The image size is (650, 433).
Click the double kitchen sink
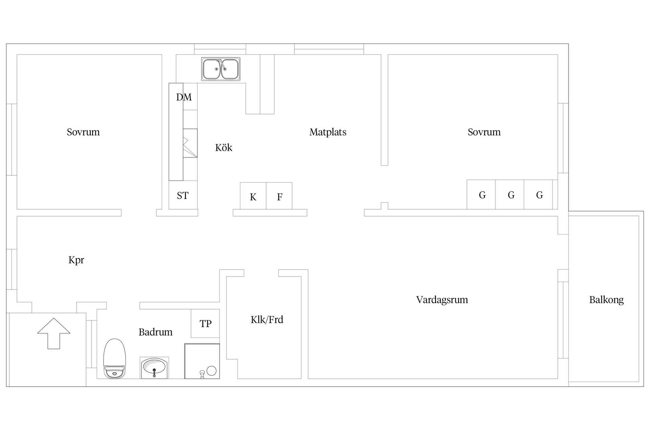point(221,69)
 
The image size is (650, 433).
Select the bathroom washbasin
point(154,367)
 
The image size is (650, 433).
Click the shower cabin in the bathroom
point(202,361)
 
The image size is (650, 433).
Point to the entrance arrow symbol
point(54,333)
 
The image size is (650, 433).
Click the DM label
point(184,97)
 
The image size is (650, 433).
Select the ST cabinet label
point(183,196)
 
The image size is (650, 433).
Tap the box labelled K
point(253,196)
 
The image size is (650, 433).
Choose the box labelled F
point(279,196)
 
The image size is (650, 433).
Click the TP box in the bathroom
point(205,323)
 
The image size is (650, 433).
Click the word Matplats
point(328,132)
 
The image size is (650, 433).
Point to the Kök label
point(223,147)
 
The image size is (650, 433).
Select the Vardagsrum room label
point(442,300)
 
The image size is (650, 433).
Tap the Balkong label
point(606,300)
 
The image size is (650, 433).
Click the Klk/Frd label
point(267,319)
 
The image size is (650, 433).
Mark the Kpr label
point(76,260)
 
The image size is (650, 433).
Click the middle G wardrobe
point(511,195)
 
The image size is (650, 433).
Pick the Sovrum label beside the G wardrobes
point(484,132)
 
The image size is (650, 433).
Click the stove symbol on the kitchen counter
point(190,143)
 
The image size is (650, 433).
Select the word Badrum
point(155,332)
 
